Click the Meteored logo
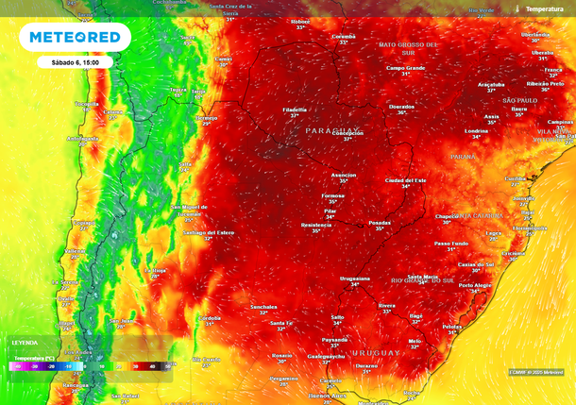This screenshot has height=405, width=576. click(75, 37)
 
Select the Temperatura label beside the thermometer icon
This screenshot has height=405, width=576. click(544, 8)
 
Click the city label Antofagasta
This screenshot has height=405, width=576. click(82, 138)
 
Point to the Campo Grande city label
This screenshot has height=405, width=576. click(406, 67)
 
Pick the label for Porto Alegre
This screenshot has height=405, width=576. click(475, 284)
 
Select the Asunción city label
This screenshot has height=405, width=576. click(344, 175)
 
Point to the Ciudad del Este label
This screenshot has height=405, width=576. click(406, 180)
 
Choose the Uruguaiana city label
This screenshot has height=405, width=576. click(355, 278)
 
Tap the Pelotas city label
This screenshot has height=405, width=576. click(452, 327)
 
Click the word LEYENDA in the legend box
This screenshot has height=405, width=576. click(25, 342)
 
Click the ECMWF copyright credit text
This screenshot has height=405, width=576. click(535, 372)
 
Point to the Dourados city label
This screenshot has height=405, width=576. click(401, 107)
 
